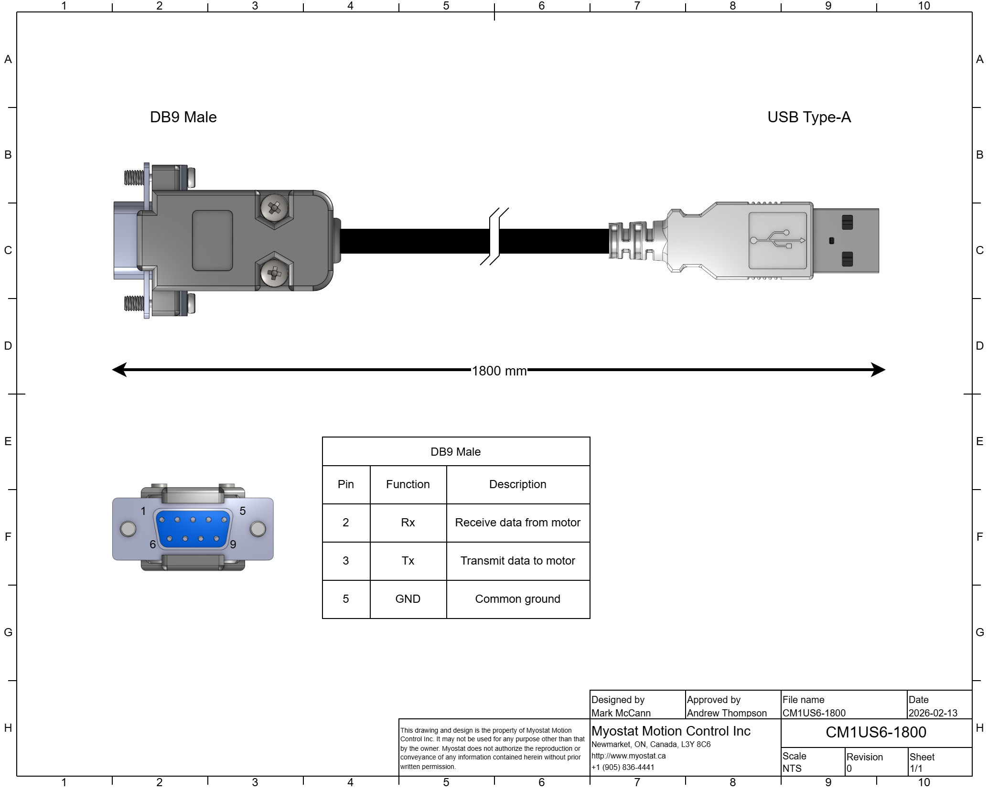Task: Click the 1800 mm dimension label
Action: (499, 371)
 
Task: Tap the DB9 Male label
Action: (455, 452)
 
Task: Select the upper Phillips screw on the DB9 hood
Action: (274, 208)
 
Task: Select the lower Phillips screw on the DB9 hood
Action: (274, 274)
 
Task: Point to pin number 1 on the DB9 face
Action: (161, 520)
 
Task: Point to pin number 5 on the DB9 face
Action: (224, 520)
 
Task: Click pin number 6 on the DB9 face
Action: (170, 539)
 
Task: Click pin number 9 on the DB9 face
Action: (216, 539)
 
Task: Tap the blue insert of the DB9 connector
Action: (193, 529)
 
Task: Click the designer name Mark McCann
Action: (621, 713)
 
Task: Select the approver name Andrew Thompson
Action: (726, 713)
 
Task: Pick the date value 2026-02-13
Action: (933, 713)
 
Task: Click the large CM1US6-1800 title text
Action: (876, 732)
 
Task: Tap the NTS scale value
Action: (792, 769)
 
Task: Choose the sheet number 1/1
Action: (916, 769)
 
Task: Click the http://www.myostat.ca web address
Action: (628, 756)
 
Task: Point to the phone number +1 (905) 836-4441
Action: (623, 767)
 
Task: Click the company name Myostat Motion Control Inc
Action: (671, 731)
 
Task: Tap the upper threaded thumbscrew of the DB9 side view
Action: (134, 178)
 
